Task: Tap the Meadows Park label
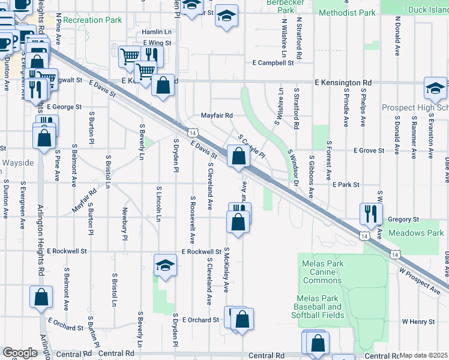[415, 233]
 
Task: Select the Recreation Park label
[92, 20]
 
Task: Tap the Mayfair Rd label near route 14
[216, 115]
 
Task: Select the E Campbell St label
[273, 62]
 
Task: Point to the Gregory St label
[403, 220]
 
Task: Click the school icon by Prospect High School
[435, 89]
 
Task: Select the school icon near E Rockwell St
[165, 265]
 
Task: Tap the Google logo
[20, 353]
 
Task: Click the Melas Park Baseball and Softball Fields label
[319, 307]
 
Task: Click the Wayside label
[17, 163]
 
